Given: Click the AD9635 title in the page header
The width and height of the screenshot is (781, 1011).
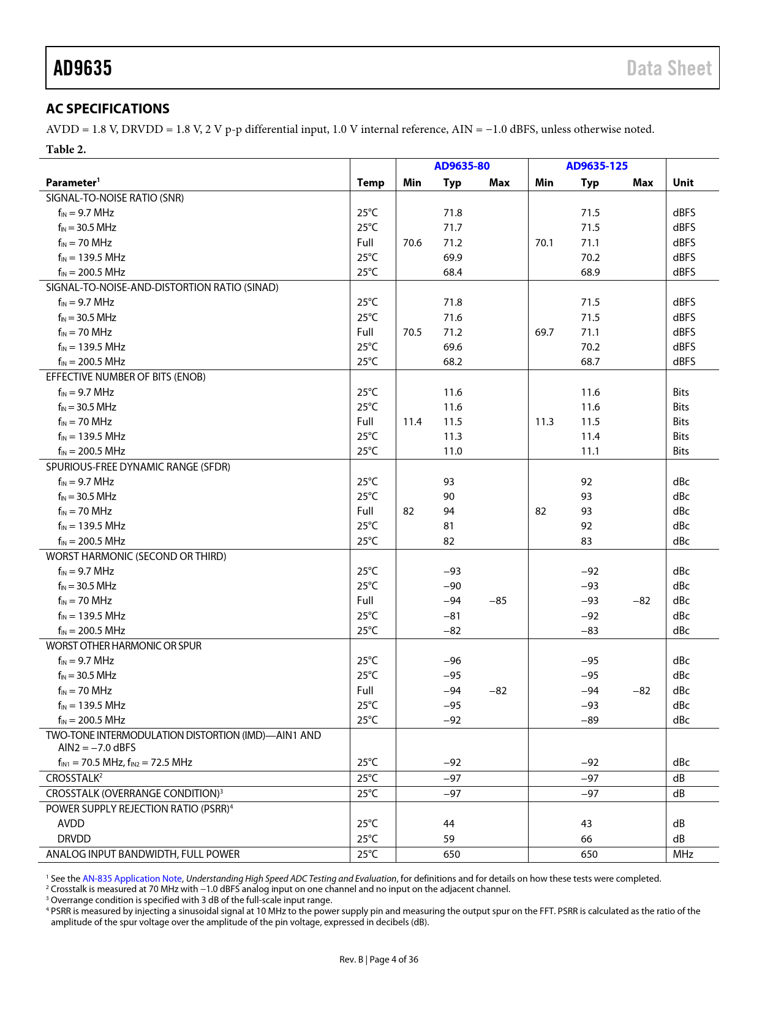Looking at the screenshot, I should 83,68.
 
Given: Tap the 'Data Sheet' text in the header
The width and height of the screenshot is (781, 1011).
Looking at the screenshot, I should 669,68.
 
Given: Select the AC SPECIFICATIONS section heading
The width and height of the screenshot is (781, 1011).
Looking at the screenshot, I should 108,108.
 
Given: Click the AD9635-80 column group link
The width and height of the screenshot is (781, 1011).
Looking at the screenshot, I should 462,166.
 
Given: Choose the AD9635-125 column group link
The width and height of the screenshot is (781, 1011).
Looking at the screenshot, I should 597,166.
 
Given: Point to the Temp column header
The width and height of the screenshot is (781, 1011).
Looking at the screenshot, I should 371,183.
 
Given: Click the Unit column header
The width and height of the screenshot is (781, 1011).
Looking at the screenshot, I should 683,183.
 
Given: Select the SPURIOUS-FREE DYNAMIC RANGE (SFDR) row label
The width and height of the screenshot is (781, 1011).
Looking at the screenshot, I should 138,467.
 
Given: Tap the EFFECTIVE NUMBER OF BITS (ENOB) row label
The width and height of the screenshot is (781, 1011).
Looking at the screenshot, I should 126,377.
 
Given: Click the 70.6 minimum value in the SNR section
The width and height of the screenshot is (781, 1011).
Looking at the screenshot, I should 412,243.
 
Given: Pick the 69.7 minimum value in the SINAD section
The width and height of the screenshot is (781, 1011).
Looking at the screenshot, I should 544,332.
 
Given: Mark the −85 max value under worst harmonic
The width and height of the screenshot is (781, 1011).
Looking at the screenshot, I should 498,600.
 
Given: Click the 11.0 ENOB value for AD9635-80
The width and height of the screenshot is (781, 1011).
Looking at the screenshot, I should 453,451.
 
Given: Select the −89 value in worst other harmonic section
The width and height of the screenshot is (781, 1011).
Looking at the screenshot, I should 590,720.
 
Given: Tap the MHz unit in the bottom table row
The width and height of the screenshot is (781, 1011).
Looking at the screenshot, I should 683,854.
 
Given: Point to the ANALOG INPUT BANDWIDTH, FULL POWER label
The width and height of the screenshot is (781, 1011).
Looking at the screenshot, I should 143,854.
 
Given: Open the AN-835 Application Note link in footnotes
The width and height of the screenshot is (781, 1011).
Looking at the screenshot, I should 132,879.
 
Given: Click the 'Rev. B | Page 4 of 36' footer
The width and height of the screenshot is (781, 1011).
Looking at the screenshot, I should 379,960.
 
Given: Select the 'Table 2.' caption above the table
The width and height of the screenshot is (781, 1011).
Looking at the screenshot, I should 66,150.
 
